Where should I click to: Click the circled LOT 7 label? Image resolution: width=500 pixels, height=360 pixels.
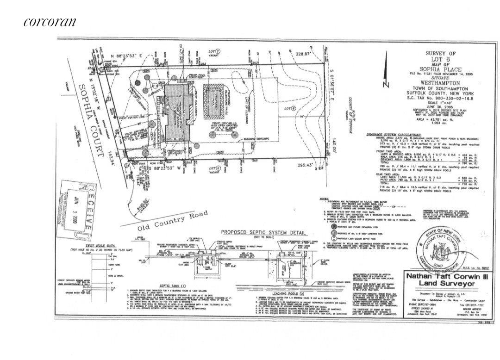click(x=214, y=50)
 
